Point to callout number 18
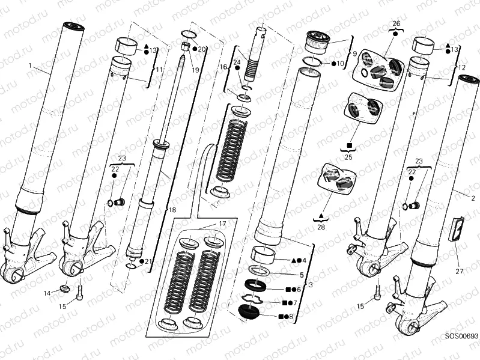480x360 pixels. [172, 210]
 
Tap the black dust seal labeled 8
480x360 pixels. [250, 313]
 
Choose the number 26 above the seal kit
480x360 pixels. [396, 24]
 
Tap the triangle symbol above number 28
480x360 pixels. [321, 215]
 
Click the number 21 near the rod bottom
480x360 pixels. [148, 261]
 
